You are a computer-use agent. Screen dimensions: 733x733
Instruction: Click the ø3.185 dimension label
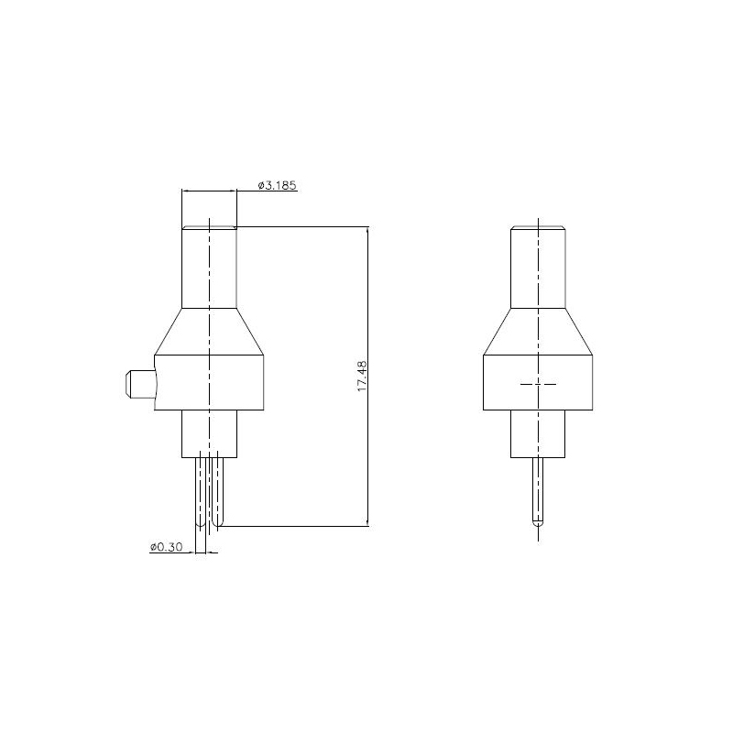[x=278, y=186]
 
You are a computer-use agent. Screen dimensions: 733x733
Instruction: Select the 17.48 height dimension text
[x=362, y=376]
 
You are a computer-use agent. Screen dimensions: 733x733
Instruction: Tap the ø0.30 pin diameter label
[x=167, y=546]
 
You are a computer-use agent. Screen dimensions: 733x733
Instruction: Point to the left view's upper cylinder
[x=209, y=268]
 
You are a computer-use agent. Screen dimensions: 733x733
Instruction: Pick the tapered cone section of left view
[x=209, y=332]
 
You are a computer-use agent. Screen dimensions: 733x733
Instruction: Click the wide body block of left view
[x=209, y=383]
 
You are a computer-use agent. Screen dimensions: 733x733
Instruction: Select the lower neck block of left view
[x=209, y=433]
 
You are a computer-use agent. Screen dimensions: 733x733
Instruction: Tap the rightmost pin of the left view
[x=218, y=491]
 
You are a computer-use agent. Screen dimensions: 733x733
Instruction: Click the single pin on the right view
[x=538, y=491]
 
